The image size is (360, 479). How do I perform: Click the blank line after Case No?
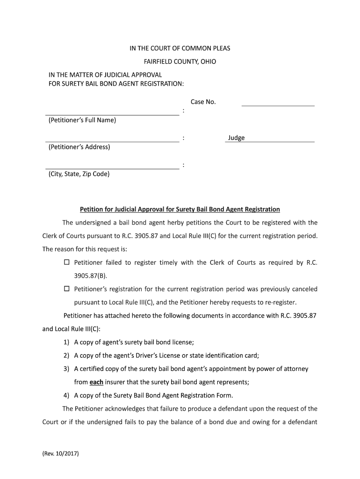pyautogui.click(x=278, y=105)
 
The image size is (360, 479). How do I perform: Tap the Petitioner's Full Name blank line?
pyautogui.click(x=112, y=114)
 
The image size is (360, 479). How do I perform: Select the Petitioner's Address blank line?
pyautogui.click(x=112, y=141)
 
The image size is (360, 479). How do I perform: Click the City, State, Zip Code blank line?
pyautogui.click(x=112, y=168)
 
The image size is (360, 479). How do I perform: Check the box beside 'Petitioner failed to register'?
pyautogui.click(x=66, y=262)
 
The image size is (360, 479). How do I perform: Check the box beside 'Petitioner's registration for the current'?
pyautogui.click(x=66, y=289)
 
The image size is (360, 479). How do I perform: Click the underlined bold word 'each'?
pyautogui.click(x=96, y=382)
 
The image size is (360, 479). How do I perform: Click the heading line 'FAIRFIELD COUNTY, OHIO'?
pyautogui.click(x=180, y=62)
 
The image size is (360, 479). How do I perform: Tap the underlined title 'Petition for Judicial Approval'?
pyautogui.click(x=180, y=209)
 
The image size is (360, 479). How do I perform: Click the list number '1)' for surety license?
pyautogui.click(x=66, y=342)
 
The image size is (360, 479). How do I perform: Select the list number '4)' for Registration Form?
pyautogui.click(x=66, y=395)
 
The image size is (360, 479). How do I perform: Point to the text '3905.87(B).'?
pyautogui.click(x=87, y=276)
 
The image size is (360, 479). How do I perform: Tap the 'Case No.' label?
pyautogui.click(x=203, y=102)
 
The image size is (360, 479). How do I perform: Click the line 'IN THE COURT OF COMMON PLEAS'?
pyautogui.click(x=180, y=49)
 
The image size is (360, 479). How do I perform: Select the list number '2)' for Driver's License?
pyautogui.click(x=66, y=355)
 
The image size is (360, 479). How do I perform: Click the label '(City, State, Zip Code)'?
pyautogui.click(x=79, y=174)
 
